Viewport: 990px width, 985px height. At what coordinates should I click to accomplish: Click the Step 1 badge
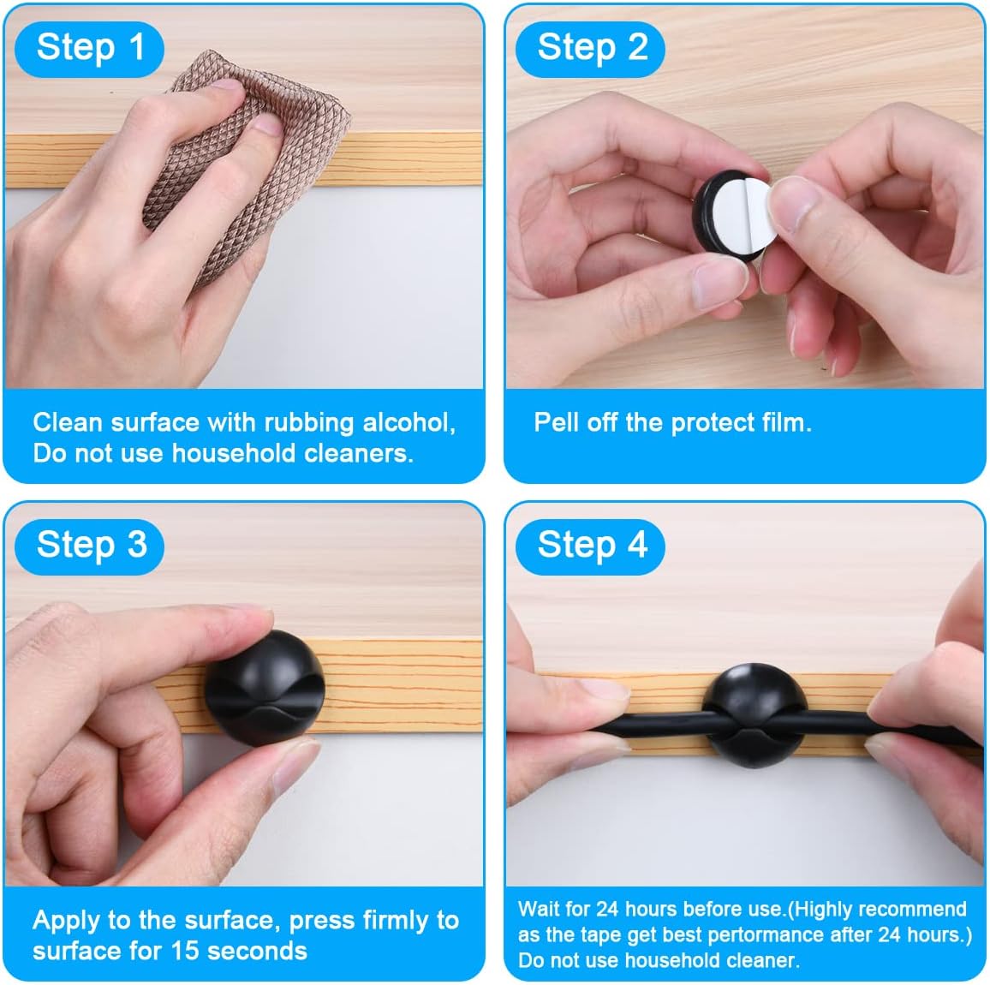pos(89,49)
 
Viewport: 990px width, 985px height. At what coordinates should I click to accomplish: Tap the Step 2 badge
pos(590,49)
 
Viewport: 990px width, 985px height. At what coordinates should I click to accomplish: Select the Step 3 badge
pos(89,546)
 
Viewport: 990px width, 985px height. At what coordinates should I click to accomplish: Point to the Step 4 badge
pos(590,546)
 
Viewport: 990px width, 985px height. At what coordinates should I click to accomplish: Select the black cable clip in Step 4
pos(754,714)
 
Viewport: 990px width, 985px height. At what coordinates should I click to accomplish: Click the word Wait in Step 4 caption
pos(539,910)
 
